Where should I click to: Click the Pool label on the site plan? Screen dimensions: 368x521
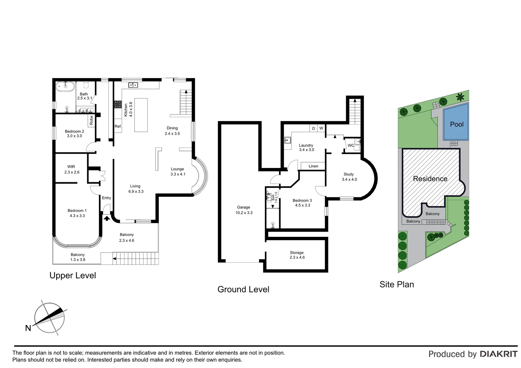[x=457, y=124]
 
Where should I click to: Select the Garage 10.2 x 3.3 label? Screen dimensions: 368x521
[x=243, y=210]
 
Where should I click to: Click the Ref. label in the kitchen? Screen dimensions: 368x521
[x=118, y=126]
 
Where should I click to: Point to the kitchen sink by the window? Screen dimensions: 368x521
[x=133, y=85]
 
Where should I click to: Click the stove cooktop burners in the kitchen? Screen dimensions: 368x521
[x=118, y=104]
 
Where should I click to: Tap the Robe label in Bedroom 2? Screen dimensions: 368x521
[x=91, y=120]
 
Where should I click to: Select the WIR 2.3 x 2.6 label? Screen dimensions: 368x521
[x=72, y=169]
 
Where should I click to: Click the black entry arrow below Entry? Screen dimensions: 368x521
[x=107, y=218]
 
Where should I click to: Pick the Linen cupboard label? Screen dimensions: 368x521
[x=313, y=166]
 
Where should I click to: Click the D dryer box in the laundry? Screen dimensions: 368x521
[x=313, y=128]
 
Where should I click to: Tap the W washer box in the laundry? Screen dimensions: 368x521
[x=321, y=128]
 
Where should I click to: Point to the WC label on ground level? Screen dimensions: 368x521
[x=351, y=145]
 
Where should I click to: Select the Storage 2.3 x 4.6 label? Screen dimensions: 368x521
[x=297, y=255]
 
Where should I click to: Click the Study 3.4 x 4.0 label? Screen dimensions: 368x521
[x=349, y=177]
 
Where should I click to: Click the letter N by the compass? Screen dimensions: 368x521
[x=28, y=328]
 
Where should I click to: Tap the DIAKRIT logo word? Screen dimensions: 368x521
[x=498, y=354]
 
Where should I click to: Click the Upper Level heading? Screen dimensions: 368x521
[x=73, y=275]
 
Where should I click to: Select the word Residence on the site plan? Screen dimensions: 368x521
[x=430, y=179]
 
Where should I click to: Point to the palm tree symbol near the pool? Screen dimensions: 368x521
[x=460, y=97]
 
